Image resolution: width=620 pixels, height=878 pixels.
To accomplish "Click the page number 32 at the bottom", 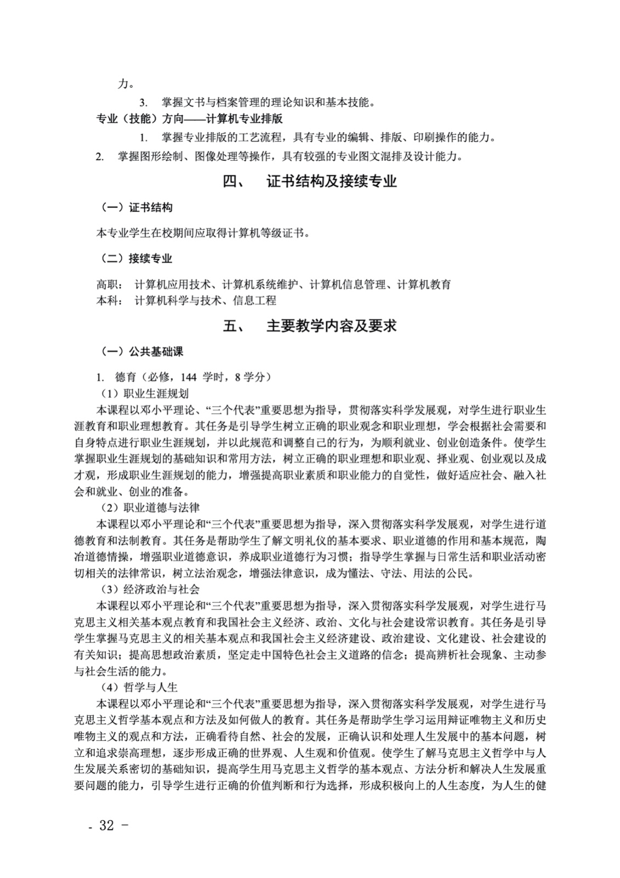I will [x=106, y=825].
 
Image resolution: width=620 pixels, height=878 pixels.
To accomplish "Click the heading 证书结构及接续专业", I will [x=331, y=182].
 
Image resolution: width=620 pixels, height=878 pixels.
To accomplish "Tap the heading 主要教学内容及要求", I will [x=331, y=326].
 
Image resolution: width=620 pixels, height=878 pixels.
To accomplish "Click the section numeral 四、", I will [x=234, y=182].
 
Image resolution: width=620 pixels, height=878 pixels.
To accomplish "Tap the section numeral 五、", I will [x=234, y=326].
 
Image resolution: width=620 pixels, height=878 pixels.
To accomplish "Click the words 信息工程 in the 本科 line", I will [x=254, y=300].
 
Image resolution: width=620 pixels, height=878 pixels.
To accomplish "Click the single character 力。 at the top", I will [x=126, y=84].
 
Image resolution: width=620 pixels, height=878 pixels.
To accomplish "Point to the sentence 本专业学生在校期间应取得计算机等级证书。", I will [x=203, y=233].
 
